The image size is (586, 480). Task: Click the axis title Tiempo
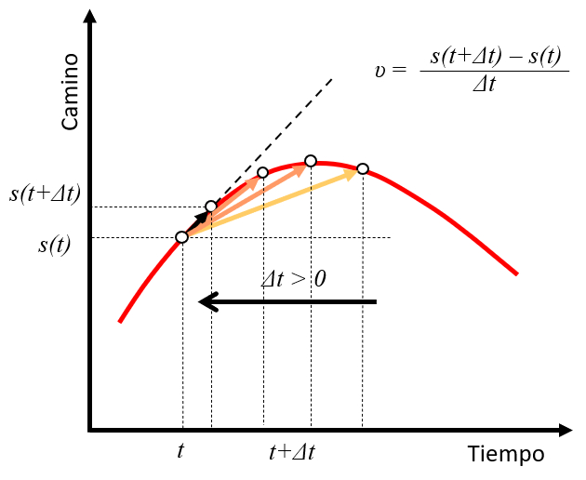[506, 454]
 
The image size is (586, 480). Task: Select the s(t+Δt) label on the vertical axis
[45, 195]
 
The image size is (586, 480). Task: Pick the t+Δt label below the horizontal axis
[291, 453]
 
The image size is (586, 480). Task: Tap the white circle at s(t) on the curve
[182, 237]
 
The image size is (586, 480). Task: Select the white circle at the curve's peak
[311, 161]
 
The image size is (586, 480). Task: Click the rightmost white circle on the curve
[363, 168]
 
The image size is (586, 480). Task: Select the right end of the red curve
[516, 273]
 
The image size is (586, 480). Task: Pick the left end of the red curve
[120, 321]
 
